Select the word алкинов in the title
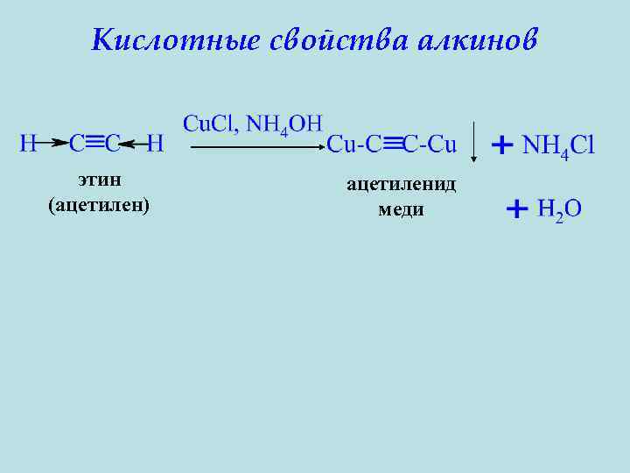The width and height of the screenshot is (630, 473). pyautogui.click(x=478, y=40)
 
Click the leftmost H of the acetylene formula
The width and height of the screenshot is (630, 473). pyautogui.click(x=28, y=143)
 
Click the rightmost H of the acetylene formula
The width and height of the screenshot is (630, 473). pyautogui.click(x=155, y=143)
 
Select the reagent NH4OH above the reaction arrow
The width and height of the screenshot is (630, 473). pyautogui.click(x=284, y=124)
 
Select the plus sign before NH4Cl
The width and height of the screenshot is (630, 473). pyautogui.click(x=502, y=145)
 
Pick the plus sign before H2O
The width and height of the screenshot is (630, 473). pyautogui.click(x=516, y=208)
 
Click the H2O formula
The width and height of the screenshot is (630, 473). pyautogui.click(x=560, y=210)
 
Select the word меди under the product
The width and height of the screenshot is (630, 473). pyautogui.click(x=401, y=209)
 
